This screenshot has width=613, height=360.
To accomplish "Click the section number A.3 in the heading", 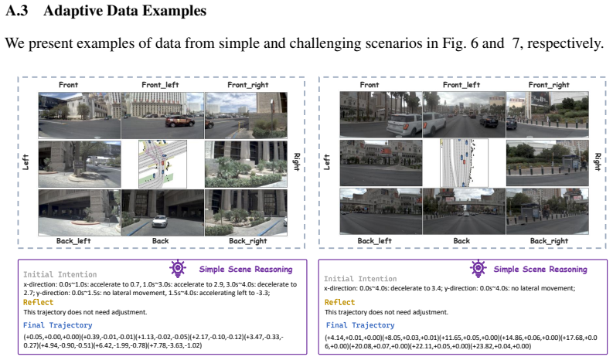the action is pos(17,11).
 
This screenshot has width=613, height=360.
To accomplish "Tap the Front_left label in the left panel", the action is pos(160,85).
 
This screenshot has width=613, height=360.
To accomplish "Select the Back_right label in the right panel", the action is pos(549,241).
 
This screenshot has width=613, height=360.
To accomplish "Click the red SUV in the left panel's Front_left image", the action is pos(180,121).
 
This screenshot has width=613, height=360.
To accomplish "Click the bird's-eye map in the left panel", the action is pos(162,165).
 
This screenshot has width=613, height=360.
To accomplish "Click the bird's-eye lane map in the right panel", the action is pos(464,163).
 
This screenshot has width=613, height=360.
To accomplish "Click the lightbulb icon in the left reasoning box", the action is pos(178,268).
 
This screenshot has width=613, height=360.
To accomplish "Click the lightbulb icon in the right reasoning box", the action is pos(478,268).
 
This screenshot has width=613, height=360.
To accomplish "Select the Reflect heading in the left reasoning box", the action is pos(39,302).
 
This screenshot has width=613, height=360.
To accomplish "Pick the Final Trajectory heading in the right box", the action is pos(360,325).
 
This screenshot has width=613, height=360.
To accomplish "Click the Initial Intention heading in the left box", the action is pos(60,274).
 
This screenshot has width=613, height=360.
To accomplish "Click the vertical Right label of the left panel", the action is pos(296,161).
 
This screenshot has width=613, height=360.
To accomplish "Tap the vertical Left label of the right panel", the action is pos(327,161).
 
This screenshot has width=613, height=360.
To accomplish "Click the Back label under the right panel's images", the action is pos(461,241).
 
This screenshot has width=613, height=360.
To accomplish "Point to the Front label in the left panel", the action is pos(69,85).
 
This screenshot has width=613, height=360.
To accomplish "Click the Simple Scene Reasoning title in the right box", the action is pos(540,270).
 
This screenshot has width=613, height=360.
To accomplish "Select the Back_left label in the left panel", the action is pos(73,241).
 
